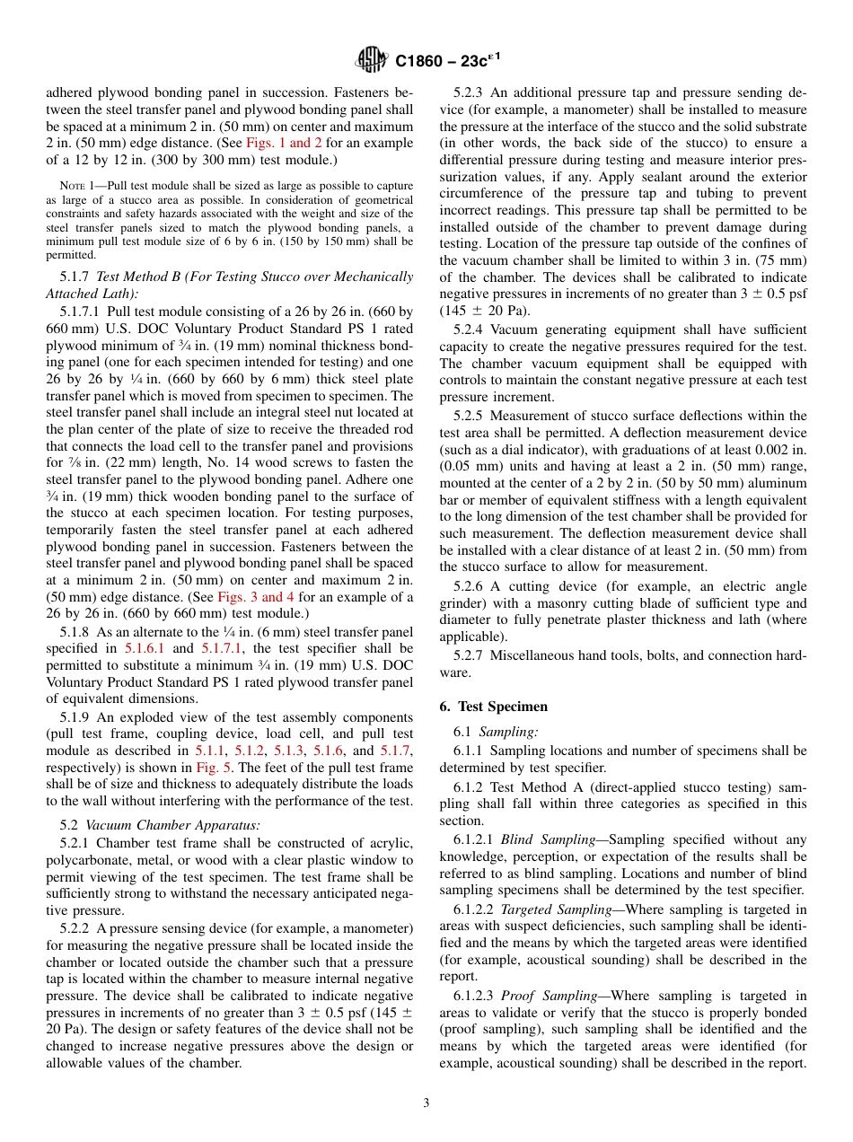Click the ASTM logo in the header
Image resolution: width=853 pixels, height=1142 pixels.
[x=370, y=60]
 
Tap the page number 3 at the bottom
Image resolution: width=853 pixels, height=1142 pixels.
[x=426, y=1103]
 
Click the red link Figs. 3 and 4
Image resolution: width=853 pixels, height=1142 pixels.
[x=251, y=597]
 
